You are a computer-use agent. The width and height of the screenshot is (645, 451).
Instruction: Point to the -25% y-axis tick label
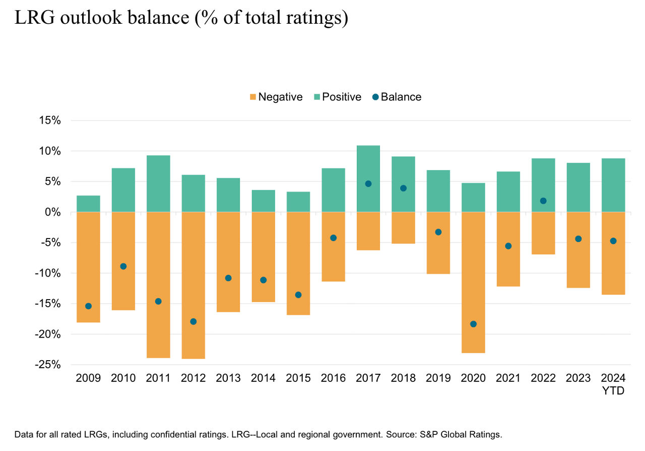pos(48,365)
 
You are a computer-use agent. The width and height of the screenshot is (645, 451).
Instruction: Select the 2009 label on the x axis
pos(88,378)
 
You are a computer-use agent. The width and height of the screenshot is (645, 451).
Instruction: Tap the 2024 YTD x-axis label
pos(613,383)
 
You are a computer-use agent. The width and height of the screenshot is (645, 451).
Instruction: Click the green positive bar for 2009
pos(88,204)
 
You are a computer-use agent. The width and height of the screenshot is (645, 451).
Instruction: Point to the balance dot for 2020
pos(473,324)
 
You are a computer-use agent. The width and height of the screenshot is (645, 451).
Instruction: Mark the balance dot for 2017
pos(368,184)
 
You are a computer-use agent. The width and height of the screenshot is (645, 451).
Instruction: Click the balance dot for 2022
pos(543,201)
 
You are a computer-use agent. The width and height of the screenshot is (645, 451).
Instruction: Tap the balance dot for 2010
pos(123,266)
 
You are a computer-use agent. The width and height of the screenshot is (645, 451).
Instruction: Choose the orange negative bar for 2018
pos(403,228)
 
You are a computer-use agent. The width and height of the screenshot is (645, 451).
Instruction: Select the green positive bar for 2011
pos(158,184)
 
